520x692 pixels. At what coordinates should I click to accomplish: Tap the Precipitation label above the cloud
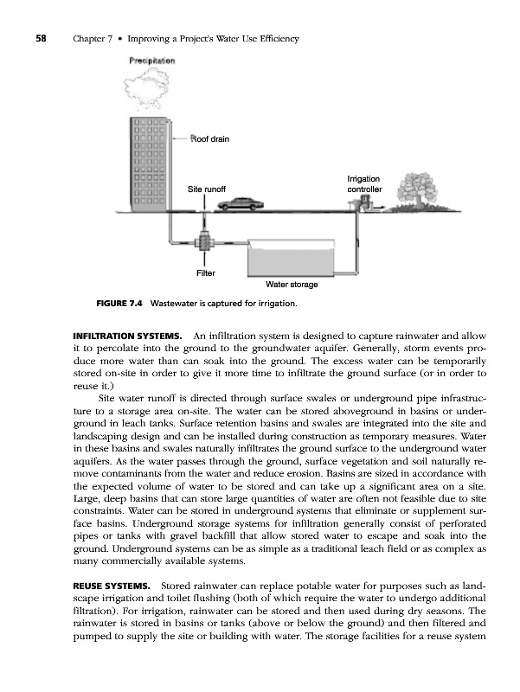pos(151,61)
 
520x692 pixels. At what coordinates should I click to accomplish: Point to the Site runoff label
pos(207,189)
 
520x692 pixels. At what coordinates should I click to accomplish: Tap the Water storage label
pos(292,285)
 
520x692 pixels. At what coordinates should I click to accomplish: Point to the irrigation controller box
pos(368,203)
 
